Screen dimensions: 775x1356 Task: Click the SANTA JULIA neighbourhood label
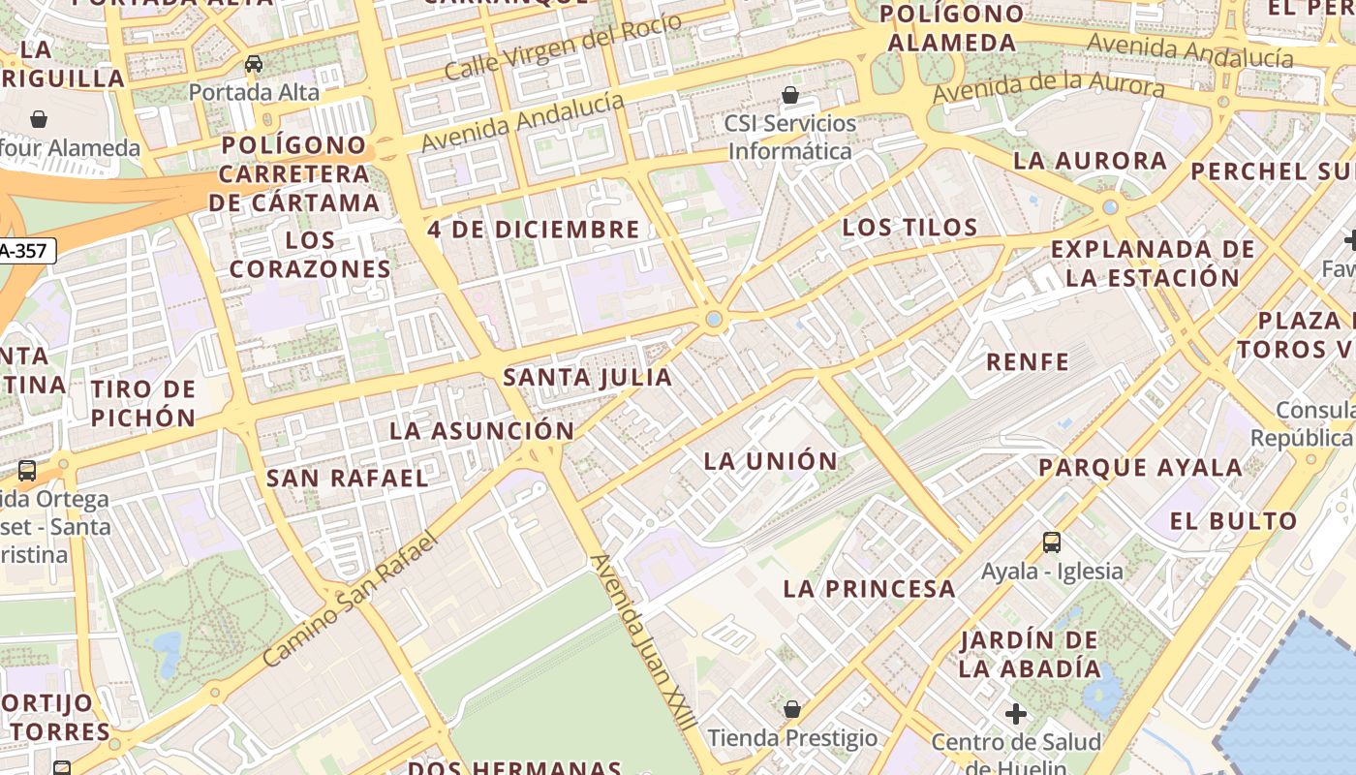pos(587,378)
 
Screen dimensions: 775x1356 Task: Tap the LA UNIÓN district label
pos(771,461)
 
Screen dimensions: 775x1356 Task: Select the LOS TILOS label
pos(909,228)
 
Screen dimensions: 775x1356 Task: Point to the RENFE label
pos(1028,362)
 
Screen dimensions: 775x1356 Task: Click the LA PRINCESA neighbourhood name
pos(869,589)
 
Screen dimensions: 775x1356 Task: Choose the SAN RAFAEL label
pos(347,479)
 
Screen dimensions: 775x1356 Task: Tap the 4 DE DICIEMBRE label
pos(534,230)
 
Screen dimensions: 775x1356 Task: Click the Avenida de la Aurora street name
pos(1048,84)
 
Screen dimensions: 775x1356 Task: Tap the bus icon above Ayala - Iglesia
pos(1052,542)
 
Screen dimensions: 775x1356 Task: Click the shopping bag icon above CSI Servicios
pos(790,95)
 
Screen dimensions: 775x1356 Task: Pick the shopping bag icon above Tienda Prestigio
pos(792,710)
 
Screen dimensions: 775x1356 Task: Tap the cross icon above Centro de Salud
pos(1015,715)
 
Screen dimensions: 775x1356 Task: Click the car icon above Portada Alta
pos(254,64)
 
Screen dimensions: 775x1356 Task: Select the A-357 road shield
pos(27,251)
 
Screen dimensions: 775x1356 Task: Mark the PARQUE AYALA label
pos(1140,468)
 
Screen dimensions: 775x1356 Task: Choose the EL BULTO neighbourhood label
pos(1233,521)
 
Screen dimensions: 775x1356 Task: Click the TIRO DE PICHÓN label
pos(143,404)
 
